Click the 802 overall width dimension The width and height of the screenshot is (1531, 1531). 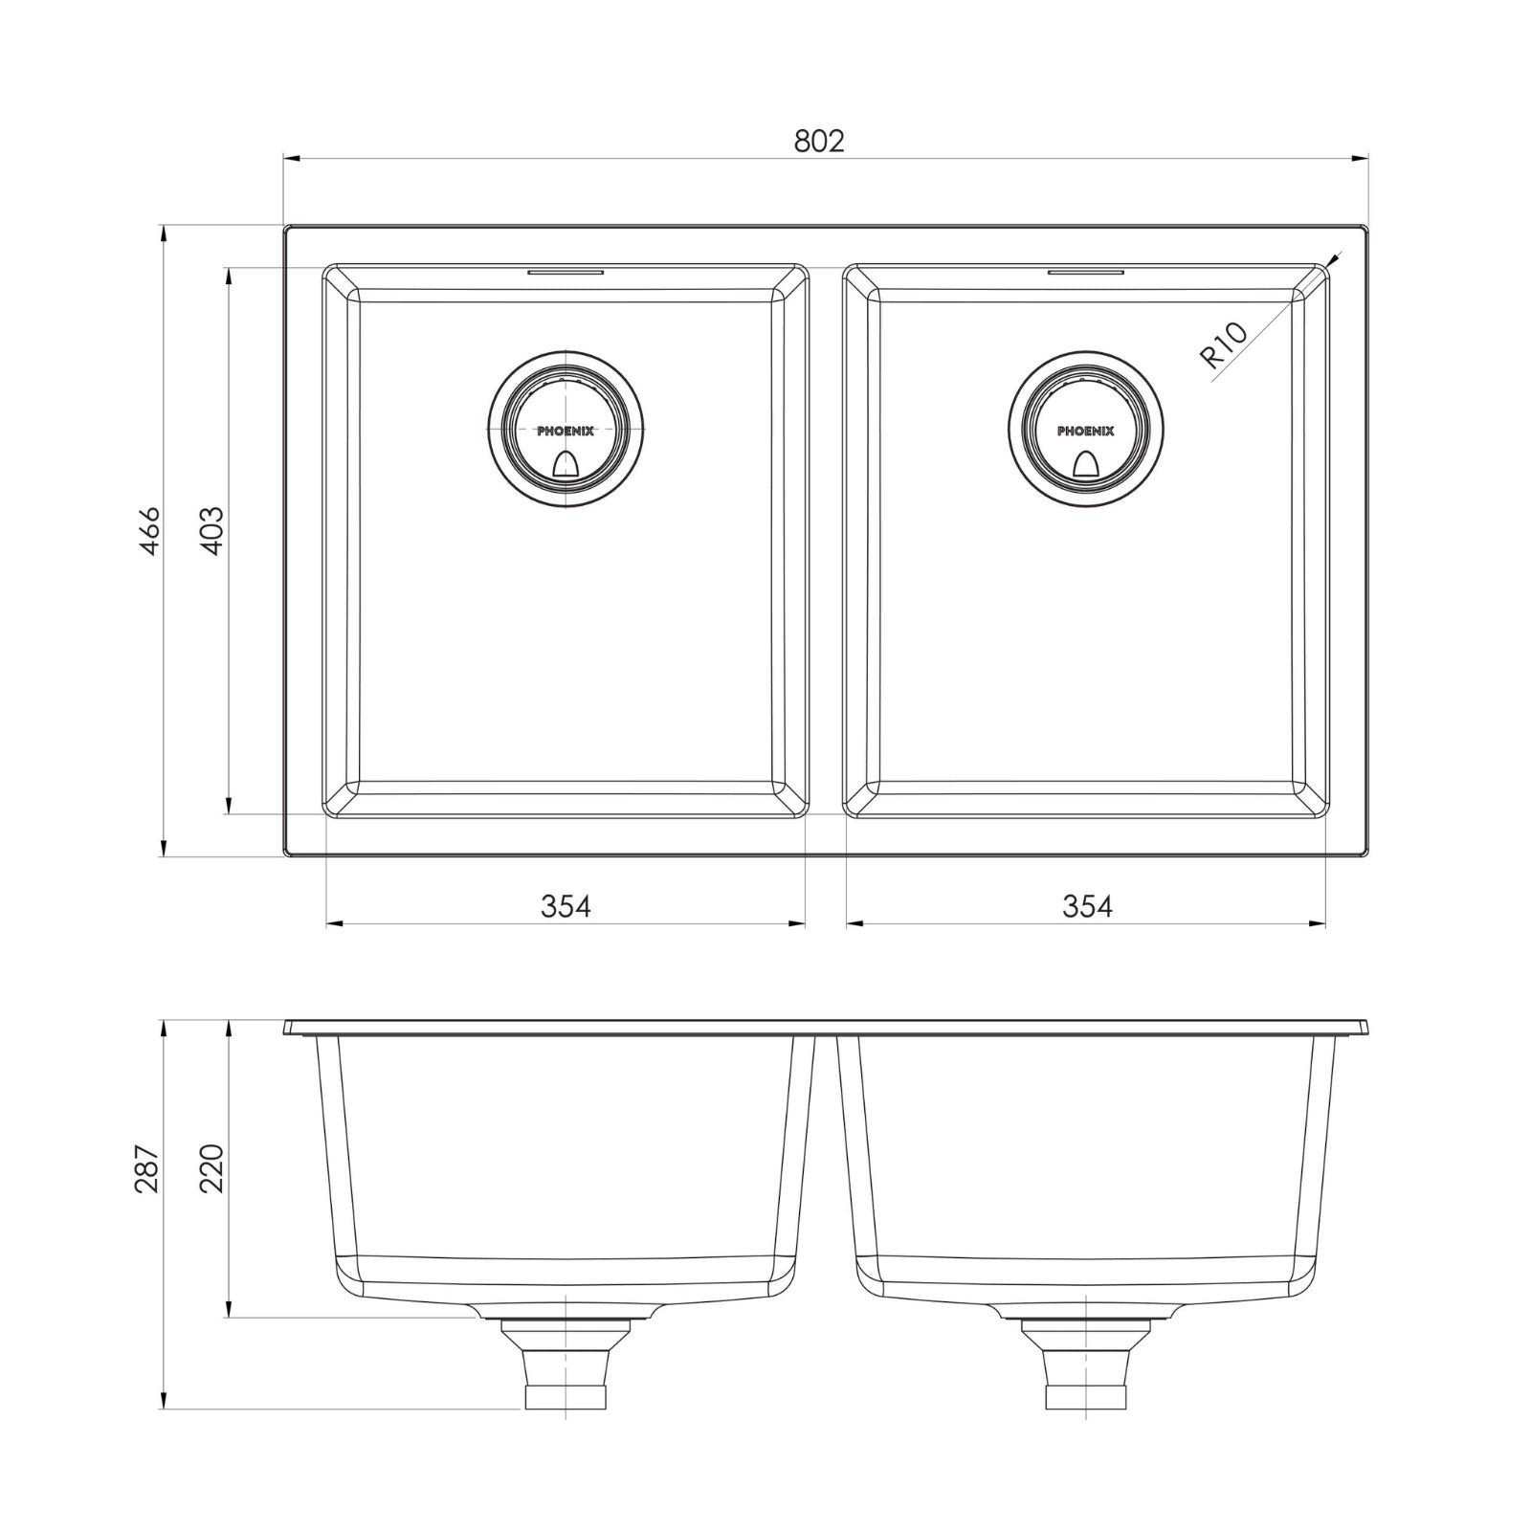pos(819,141)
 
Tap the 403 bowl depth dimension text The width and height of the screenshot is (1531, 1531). pos(212,531)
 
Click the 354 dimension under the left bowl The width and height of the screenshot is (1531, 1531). pos(566,905)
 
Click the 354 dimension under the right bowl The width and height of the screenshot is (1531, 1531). pos(1087,905)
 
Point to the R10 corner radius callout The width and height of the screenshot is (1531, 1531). pos(1224,345)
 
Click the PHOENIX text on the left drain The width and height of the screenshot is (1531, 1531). pos(566,432)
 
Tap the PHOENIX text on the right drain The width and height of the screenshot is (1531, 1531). pos(1086,432)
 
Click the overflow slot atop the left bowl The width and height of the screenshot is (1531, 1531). pos(566,272)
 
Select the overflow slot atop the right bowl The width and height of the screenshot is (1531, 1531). pos(1086,272)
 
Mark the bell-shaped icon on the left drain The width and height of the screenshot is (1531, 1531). pos(566,463)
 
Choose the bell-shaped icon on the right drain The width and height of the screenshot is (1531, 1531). pos(1086,463)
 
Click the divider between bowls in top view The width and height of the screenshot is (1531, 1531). pos(826,541)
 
